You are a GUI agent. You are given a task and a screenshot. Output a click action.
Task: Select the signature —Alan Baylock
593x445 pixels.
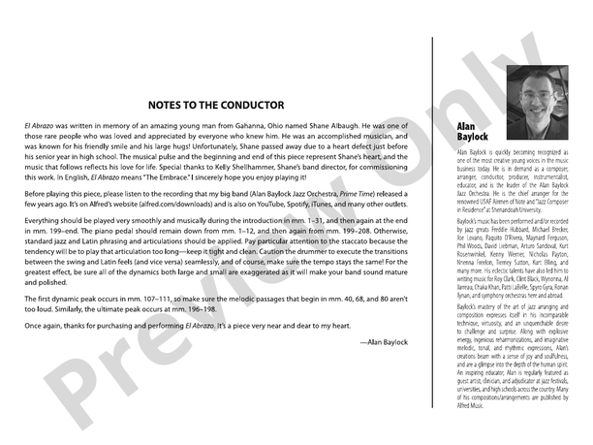click(383, 343)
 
